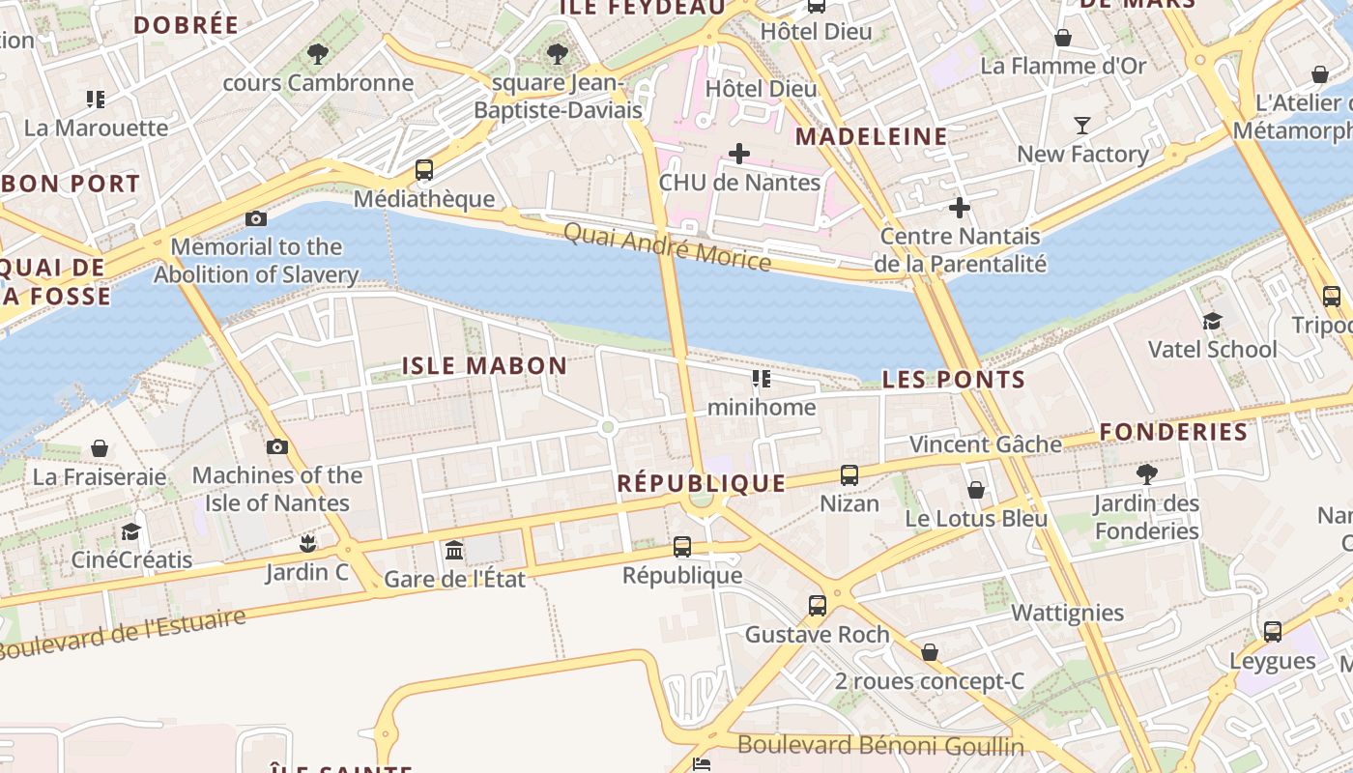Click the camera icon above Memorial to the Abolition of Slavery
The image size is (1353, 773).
point(256,219)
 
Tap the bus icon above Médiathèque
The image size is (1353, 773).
point(424,170)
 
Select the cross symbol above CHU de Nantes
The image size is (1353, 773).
point(739,154)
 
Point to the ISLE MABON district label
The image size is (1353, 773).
point(484,365)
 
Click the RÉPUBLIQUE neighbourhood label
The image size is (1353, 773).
point(701,483)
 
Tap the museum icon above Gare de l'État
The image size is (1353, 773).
point(454,551)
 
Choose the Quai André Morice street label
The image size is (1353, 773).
point(667,247)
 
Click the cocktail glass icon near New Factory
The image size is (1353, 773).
point(1081,126)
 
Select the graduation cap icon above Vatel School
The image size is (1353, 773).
point(1212,321)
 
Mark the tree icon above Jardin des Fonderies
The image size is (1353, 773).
point(1147,473)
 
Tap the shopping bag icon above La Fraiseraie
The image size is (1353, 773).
point(100,448)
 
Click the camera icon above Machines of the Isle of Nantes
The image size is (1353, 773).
point(277,446)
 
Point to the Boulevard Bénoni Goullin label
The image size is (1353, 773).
point(880,746)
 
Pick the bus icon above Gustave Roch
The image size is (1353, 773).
point(818,606)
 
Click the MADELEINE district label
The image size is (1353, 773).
point(871,136)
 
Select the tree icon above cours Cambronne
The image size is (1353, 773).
point(318,54)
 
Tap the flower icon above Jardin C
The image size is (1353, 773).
point(307,543)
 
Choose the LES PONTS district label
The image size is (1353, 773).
point(953,380)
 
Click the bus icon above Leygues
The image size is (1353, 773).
point(1273,632)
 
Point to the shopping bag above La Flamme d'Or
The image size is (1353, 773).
point(1063,38)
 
